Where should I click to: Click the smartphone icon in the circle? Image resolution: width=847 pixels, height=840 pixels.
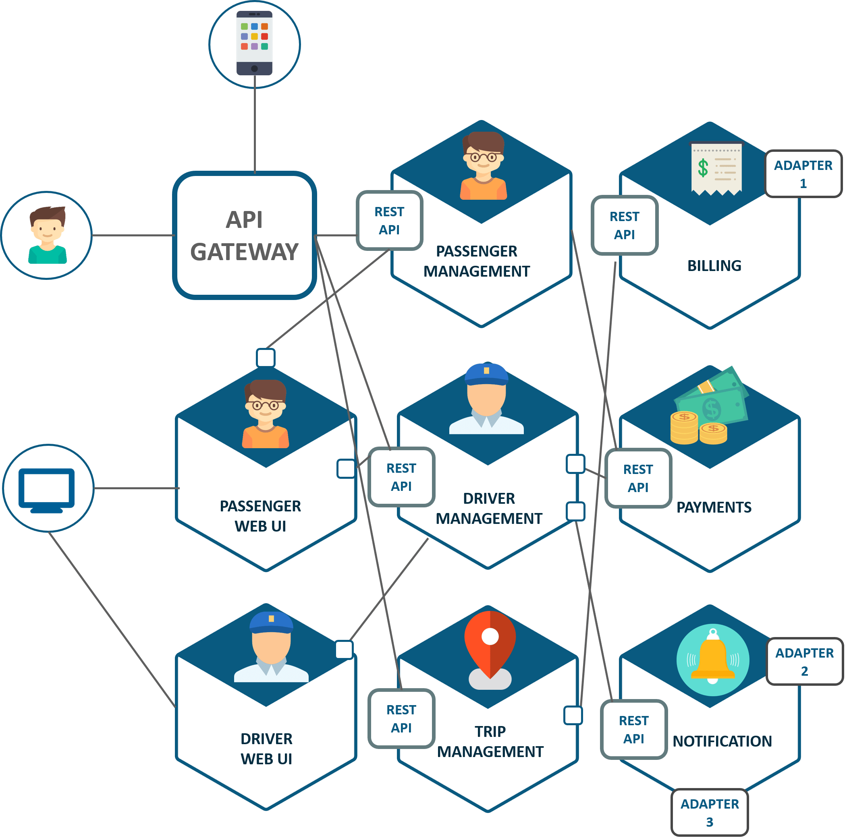tap(254, 43)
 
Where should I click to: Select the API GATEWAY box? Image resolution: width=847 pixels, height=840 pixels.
tap(244, 236)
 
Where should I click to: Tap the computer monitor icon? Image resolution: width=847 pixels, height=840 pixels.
tap(46, 489)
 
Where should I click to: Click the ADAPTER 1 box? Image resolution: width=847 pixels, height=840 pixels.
tap(803, 174)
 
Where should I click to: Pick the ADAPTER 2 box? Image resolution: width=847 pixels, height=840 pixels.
tap(804, 661)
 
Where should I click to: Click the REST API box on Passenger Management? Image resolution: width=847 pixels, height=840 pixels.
tap(389, 220)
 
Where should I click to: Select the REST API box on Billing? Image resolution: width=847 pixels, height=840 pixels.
tap(624, 225)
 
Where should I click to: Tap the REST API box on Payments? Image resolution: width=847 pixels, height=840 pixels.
tap(638, 478)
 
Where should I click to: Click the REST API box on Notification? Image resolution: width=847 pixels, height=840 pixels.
tap(633, 729)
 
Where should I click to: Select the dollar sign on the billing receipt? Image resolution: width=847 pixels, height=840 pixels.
tap(703, 168)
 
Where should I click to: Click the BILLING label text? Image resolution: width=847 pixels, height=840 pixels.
tap(714, 265)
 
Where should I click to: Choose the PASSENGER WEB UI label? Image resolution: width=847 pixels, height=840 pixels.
tap(260, 516)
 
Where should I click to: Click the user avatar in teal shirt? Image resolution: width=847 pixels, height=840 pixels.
tap(48, 235)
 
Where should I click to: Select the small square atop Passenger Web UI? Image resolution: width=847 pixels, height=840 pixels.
tap(266, 358)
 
